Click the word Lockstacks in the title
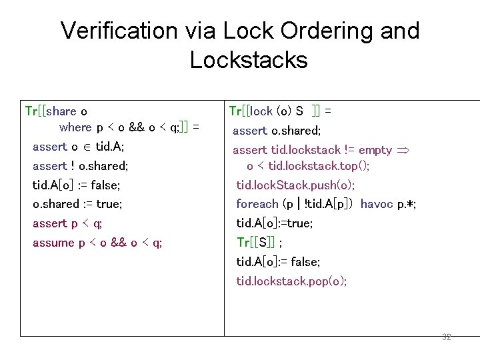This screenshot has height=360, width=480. click(x=248, y=60)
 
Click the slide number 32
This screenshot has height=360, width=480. click(x=447, y=337)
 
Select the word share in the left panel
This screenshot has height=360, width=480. click(x=62, y=111)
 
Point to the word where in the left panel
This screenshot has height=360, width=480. click(x=75, y=127)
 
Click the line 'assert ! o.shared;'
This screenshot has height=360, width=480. click(x=80, y=165)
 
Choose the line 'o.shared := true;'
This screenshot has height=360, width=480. click(x=77, y=204)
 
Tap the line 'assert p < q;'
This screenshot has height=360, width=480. click(x=67, y=223)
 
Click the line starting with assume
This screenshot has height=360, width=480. click(x=97, y=243)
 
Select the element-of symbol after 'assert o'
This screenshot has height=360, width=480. click(x=87, y=147)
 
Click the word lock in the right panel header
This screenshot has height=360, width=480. click(x=261, y=111)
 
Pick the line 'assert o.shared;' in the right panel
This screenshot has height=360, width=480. click(x=277, y=131)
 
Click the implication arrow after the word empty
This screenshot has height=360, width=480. click(x=403, y=150)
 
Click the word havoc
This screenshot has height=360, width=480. click(x=377, y=204)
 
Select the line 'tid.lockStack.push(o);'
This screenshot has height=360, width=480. click(x=295, y=185)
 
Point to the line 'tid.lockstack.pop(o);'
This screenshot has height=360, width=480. click(x=291, y=281)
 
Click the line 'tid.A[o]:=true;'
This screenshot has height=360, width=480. click(x=275, y=223)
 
